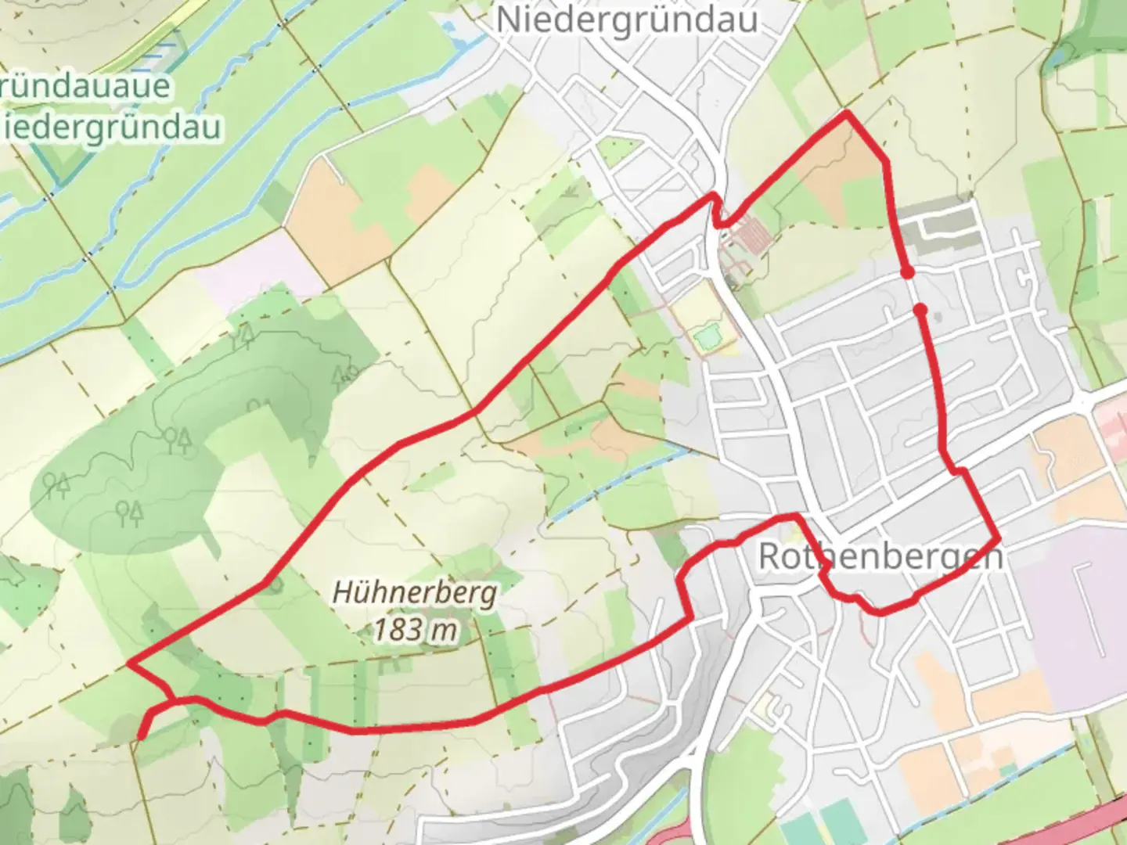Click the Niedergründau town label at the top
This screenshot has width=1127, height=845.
pos(627,20)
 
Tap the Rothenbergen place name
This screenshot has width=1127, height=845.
pos(880,557)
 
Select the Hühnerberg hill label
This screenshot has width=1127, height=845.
pos(415,592)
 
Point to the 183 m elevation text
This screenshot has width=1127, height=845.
pos(415,629)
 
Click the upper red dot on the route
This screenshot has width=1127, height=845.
pos(906,273)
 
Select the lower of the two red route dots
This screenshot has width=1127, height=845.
pos(920,311)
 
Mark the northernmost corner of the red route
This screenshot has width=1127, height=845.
pos(846,114)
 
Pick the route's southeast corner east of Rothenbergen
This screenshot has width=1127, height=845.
pos(998,539)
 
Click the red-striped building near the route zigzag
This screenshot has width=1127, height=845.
pos(750,234)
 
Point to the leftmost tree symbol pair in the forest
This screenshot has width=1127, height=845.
pos(56,485)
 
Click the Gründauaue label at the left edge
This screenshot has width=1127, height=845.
pos(86,86)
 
